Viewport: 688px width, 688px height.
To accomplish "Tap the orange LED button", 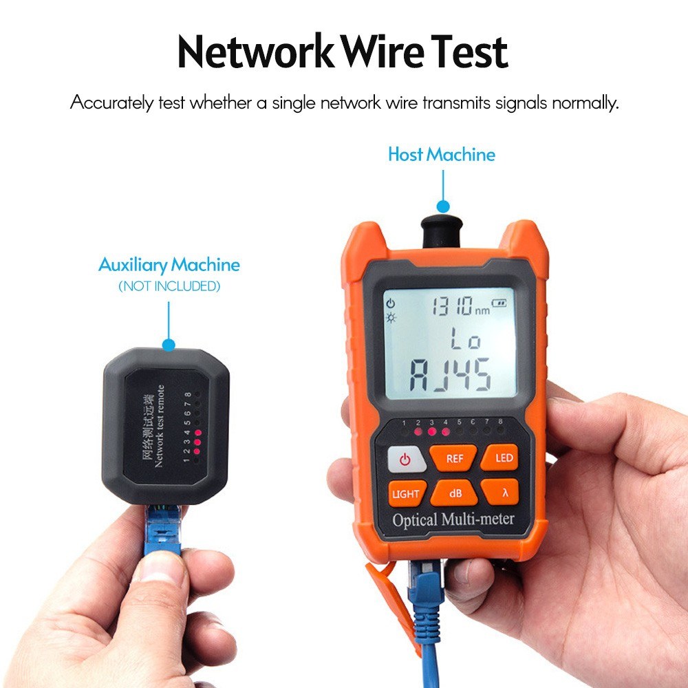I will pos(504,458).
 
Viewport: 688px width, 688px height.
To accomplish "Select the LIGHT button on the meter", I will pos(405,493).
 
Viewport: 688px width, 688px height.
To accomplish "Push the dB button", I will pos(455,493).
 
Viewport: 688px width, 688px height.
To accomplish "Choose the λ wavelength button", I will pos(504,493).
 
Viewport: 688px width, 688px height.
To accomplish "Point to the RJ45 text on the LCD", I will pos(451,376).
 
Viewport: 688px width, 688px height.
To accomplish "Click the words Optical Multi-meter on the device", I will pos(453,519).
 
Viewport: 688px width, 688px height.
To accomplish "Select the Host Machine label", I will pos(442,154).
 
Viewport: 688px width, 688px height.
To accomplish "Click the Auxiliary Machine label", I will pos(169,265).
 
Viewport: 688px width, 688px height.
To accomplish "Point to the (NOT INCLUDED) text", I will pos(169,286).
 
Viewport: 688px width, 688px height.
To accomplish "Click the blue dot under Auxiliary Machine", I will pos(169,343).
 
